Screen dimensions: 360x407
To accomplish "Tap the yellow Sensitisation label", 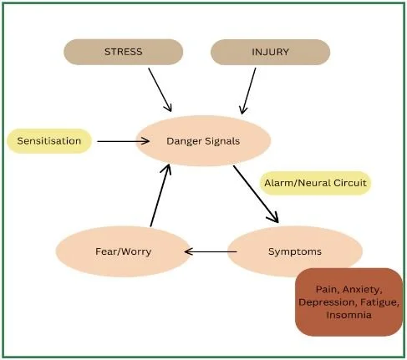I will pyautogui.click(x=49, y=140).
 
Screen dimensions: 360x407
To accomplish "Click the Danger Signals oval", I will pyautogui.click(x=204, y=140).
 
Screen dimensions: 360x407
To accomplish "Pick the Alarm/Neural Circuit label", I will pyautogui.click(x=315, y=182).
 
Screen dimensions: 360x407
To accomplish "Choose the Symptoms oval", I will pyautogui.click(x=295, y=251).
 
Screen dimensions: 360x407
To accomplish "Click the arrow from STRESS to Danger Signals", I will pyautogui.click(x=160, y=89).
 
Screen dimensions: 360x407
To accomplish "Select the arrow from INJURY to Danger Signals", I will pyautogui.click(x=248, y=89).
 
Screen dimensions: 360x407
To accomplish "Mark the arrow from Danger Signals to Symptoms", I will pyautogui.click(x=255, y=194).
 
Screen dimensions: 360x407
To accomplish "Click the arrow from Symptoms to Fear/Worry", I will pyautogui.click(x=206, y=251).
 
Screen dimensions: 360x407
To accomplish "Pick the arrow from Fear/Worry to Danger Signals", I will pyautogui.click(x=161, y=195).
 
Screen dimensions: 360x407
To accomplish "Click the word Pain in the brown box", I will pyautogui.click(x=316, y=288).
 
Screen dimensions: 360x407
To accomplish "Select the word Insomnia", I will pyautogui.click(x=349, y=315).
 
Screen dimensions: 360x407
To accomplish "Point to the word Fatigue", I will pyautogui.click(x=379, y=302).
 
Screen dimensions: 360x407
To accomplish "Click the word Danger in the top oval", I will pyautogui.click(x=184, y=140).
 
